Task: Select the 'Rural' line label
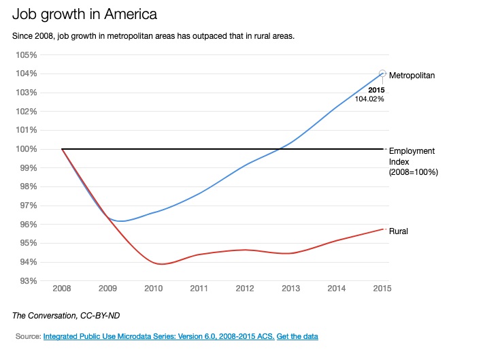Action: coord(398,231)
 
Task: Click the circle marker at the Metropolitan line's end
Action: coord(382,73)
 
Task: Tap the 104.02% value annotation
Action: coord(369,99)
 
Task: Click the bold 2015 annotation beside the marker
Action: coord(376,90)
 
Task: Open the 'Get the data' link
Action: coord(297,336)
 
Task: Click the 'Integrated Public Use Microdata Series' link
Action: coord(158,336)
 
